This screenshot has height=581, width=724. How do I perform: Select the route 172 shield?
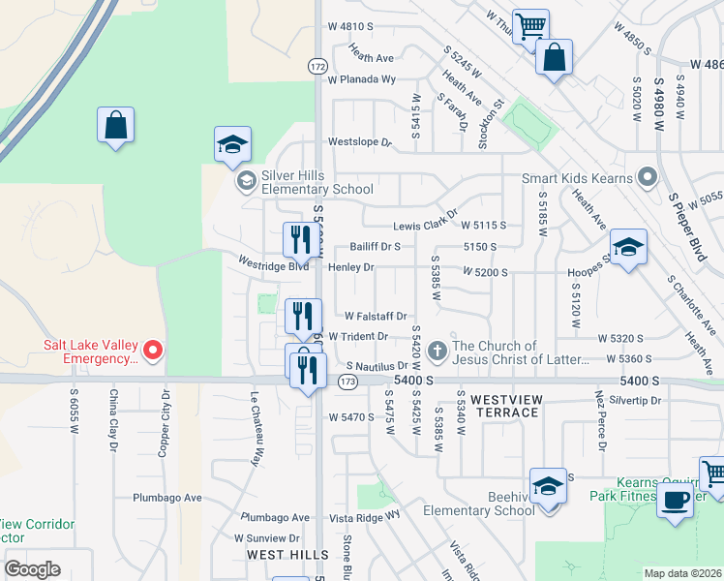317,66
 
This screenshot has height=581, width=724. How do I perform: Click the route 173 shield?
347,382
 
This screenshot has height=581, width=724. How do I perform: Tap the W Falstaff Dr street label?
376,316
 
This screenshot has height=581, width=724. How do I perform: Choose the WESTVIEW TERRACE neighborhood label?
504,406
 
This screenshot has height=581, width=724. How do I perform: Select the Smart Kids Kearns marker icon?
648,178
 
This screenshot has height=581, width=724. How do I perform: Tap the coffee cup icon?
676,501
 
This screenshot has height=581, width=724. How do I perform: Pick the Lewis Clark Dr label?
424,226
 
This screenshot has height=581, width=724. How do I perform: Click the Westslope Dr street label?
359,142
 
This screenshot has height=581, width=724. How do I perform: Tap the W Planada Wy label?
362,79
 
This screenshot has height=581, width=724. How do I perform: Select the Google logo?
32,569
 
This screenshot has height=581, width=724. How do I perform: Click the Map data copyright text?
683,573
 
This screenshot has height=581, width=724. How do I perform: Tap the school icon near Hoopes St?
627,248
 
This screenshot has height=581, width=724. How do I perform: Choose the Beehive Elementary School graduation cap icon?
548,487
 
